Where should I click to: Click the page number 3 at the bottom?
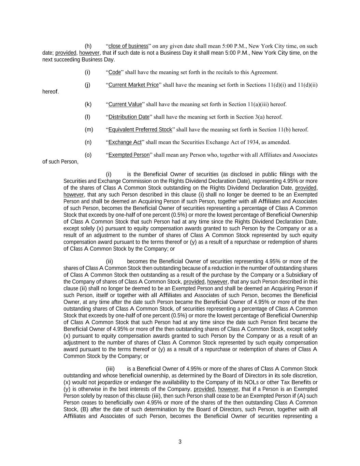point(180,442)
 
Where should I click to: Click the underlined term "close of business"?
point(128,46)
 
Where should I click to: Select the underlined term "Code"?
point(115,72)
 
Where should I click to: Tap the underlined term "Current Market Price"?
point(133,85)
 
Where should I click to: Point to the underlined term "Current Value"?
point(125,104)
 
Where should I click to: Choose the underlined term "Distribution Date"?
point(129,117)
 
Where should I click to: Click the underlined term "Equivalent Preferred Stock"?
point(140,130)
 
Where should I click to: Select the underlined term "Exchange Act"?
point(125,142)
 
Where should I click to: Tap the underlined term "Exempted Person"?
point(129,155)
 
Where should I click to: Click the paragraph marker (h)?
point(88,46)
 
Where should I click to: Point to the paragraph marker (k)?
point(88,104)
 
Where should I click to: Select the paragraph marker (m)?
point(89,130)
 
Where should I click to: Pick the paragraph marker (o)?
point(88,155)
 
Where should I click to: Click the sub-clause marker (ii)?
point(109,262)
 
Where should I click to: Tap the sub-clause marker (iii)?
point(110,369)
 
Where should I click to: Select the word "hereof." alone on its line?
point(51,92)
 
